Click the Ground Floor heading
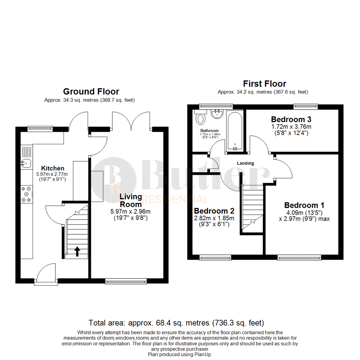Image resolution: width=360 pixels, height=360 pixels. click(x=91, y=91)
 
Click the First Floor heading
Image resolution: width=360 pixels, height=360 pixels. click(x=264, y=83)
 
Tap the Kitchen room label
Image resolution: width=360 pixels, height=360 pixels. click(x=53, y=168)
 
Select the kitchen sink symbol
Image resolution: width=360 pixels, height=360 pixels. click(x=26, y=163)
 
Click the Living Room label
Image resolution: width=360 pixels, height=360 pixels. click(x=131, y=200)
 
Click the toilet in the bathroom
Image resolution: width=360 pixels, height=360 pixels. click(x=201, y=118)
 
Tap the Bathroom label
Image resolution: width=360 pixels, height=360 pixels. click(x=209, y=131)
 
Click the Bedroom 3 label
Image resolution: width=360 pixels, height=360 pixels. click(x=288, y=119)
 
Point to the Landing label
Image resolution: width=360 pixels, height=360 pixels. click(x=245, y=163)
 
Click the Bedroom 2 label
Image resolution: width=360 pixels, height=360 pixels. click(x=214, y=211)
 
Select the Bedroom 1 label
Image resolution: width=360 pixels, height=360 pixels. click(x=304, y=205)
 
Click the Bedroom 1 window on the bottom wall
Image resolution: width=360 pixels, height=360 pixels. click(x=299, y=257)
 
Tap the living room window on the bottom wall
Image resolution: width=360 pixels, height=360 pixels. click(x=126, y=281)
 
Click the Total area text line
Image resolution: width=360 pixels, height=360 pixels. click(x=176, y=323)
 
